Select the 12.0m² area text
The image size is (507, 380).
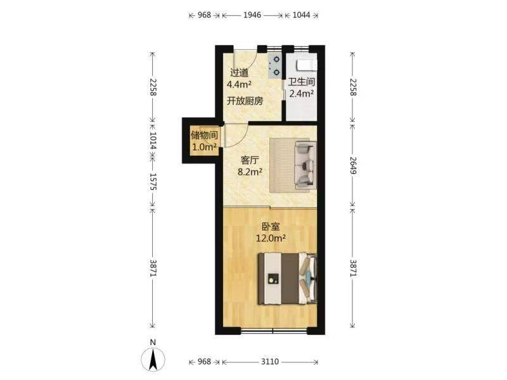pos(271,239)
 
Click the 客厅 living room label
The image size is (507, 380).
pos(250,160)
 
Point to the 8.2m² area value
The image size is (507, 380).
pos(250,172)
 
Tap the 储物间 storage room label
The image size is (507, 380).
pos(204,135)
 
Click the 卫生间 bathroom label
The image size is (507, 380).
pos(302,82)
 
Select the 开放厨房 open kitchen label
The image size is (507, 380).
pos(245,101)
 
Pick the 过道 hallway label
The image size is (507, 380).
pos(240,73)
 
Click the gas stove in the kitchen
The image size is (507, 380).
pos(275,66)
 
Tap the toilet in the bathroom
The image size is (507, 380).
pos(306,65)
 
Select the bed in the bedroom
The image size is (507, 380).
pos(287,279)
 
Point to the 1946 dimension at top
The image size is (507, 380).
pos(252,15)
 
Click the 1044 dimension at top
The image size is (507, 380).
pos(301,15)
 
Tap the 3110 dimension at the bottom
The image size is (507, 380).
pos(270,362)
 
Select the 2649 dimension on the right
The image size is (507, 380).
pos(353,165)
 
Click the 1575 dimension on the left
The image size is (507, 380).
pos(153,182)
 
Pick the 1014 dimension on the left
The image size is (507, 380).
pos(153,141)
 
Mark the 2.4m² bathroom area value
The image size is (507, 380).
pos(302,94)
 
